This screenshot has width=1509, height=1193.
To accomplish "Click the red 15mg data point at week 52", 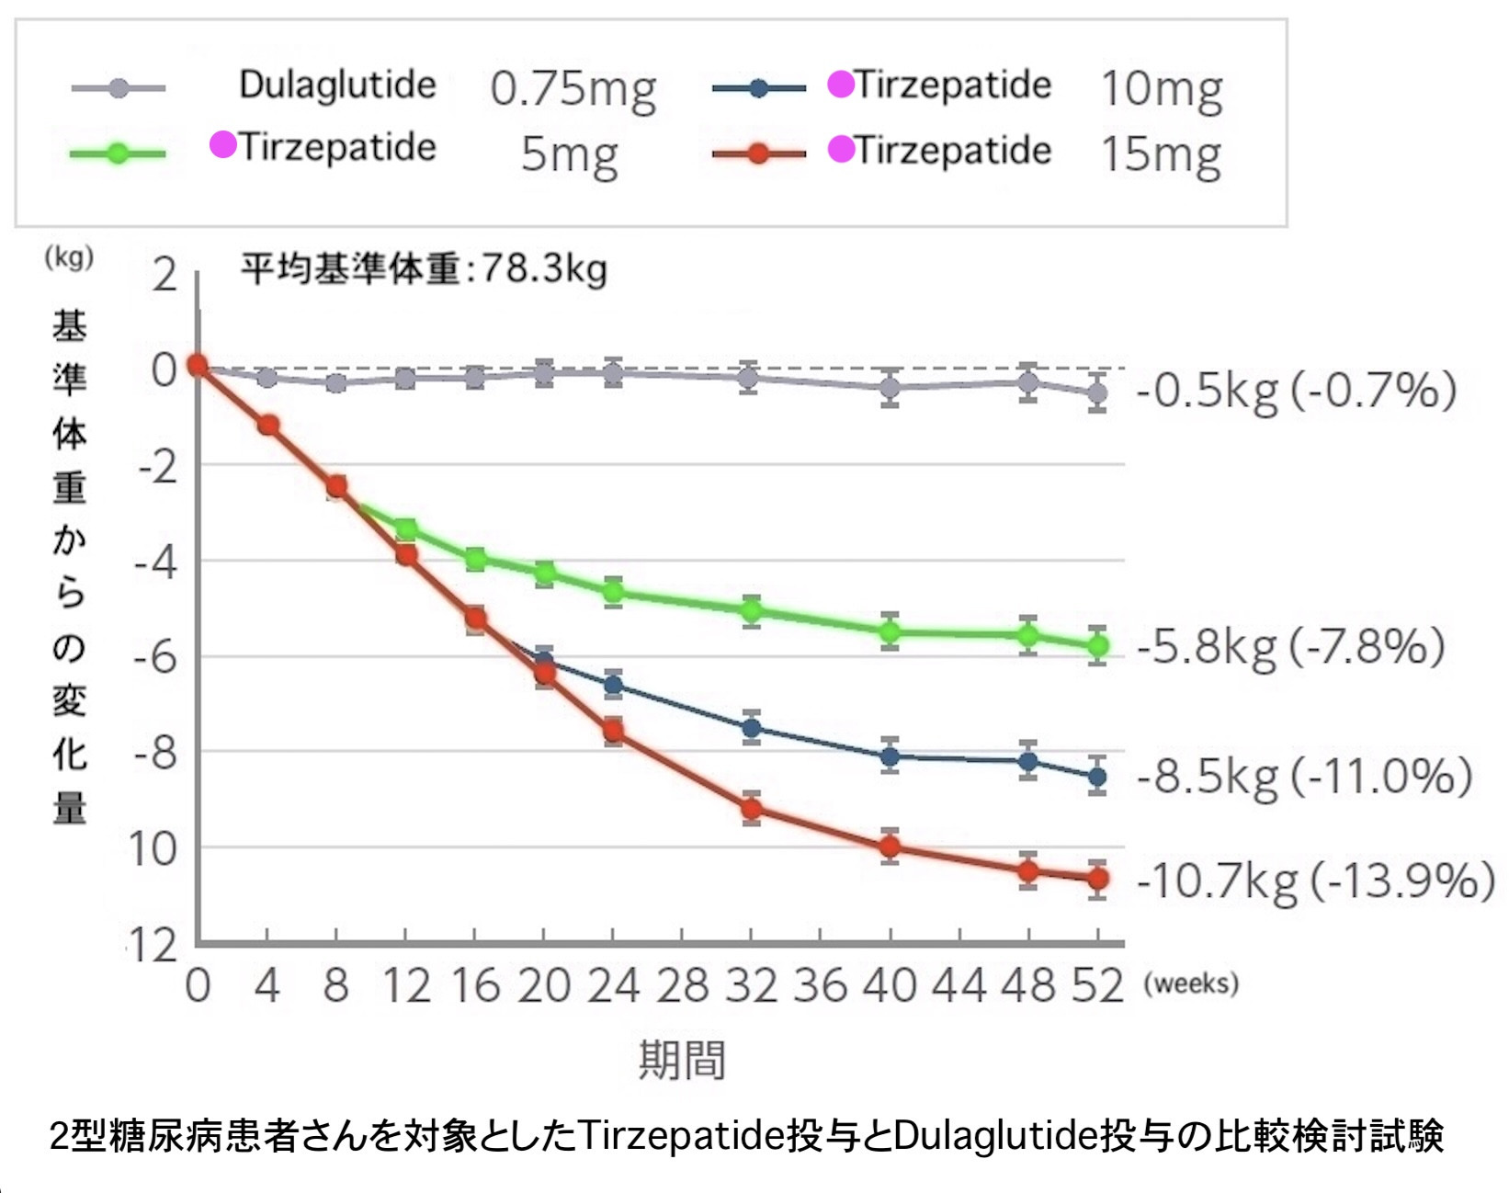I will click(x=1097, y=880).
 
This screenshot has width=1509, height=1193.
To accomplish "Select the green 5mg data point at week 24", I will click(x=613, y=591).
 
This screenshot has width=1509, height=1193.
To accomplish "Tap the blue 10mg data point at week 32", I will click(x=752, y=729).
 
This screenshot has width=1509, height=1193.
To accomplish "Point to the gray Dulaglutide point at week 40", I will click(x=890, y=388).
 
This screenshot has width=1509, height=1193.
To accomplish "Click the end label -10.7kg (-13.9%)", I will click(x=1315, y=881).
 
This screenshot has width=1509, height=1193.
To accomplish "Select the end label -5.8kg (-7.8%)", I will click(x=1290, y=646).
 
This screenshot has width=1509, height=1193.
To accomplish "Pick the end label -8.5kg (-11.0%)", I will click(x=1304, y=777).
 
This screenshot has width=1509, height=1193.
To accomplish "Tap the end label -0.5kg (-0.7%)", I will click(x=1296, y=390).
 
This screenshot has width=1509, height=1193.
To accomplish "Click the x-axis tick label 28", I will click(x=682, y=986).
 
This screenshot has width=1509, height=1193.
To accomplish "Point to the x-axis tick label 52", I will click(x=1097, y=986).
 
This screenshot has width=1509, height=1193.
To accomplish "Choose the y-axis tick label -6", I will click(x=155, y=657).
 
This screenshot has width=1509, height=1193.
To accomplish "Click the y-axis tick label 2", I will click(x=165, y=275).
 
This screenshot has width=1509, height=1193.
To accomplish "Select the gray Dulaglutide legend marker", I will click(x=119, y=88).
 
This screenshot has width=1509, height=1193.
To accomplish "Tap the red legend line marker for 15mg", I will click(x=758, y=153).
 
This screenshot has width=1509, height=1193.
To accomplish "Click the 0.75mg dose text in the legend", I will click(x=573, y=89).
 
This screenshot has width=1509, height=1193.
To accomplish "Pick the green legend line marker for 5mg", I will click(x=118, y=153).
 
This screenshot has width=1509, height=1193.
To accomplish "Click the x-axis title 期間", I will click(x=682, y=1060).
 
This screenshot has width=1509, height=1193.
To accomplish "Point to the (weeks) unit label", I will click(x=1191, y=984).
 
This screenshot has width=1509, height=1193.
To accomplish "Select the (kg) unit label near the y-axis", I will click(x=69, y=257).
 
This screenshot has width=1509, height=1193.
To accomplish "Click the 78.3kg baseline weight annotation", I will click(x=424, y=269).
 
